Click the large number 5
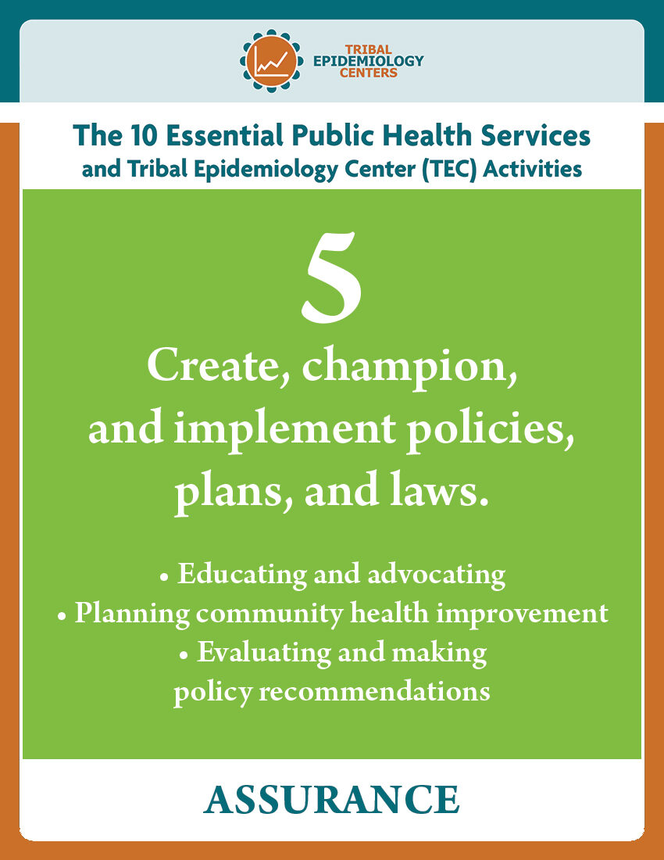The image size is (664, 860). click(x=332, y=277)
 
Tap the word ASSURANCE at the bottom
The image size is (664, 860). click(x=331, y=800)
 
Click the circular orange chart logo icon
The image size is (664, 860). click(x=271, y=61)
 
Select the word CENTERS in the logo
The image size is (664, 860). click(x=368, y=73)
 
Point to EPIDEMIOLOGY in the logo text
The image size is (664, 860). click(x=368, y=61)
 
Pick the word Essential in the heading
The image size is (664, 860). click(x=225, y=135)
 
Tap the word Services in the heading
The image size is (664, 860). click(x=535, y=135)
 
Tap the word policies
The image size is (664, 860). click(x=489, y=429)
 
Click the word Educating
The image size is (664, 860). click(x=242, y=575)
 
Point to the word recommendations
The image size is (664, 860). click(x=374, y=692)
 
